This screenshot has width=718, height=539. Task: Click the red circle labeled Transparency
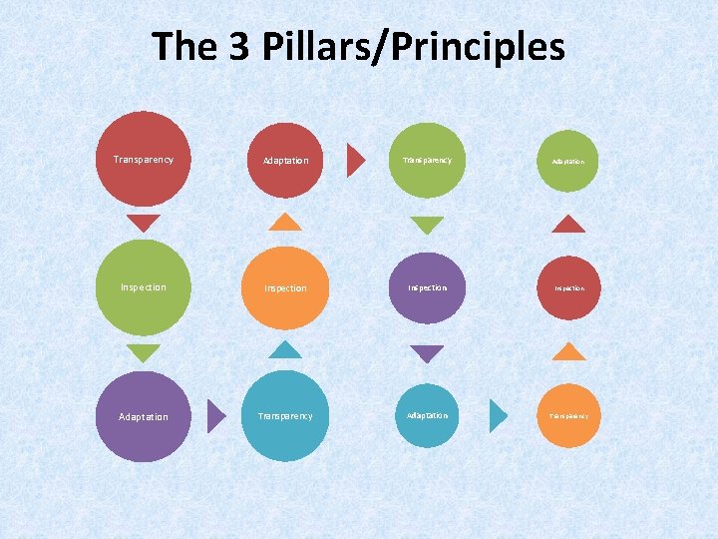pyautogui.click(x=144, y=159)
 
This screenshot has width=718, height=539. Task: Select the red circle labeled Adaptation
pyautogui.click(x=285, y=160)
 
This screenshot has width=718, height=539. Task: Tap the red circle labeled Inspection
pyautogui.click(x=569, y=287)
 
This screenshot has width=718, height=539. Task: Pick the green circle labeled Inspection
pyautogui.click(x=144, y=287)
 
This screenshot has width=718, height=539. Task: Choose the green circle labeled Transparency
pyautogui.click(x=427, y=160)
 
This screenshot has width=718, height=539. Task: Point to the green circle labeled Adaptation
pyautogui.click(x=569, y=160)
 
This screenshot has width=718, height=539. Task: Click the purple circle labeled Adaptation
pyautogui.click(x=144, y=416)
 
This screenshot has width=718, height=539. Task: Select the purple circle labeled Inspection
pyautogui.click(x=427, y=287)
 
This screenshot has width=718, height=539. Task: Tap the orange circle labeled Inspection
pyautogui.click(x=285, y=287)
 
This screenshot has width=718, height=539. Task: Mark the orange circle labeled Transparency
pyautogui.click(x=569, y=415)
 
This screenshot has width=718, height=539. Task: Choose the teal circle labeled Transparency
pyautogui.click(x=285, y=416)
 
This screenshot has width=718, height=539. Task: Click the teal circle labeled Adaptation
pyautogui.click(x=427, y=415)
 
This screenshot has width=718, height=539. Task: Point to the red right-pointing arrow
pyautogui.click(x=355, y=160)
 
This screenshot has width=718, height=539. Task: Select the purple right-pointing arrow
pyautogui.click(x=215, y=416)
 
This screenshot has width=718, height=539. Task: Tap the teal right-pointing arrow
pyautogui.click(x=498, y=415)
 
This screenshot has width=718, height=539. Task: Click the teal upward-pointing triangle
pyautogui.click(x=285, y=349)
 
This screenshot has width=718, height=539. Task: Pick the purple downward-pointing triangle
pyautogui.click(x=427, y=353)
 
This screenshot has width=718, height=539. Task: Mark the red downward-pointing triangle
pyautogui.click(x=144, y=224)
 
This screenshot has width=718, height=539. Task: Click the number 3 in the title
pyautogui.click(x=240, y=47)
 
